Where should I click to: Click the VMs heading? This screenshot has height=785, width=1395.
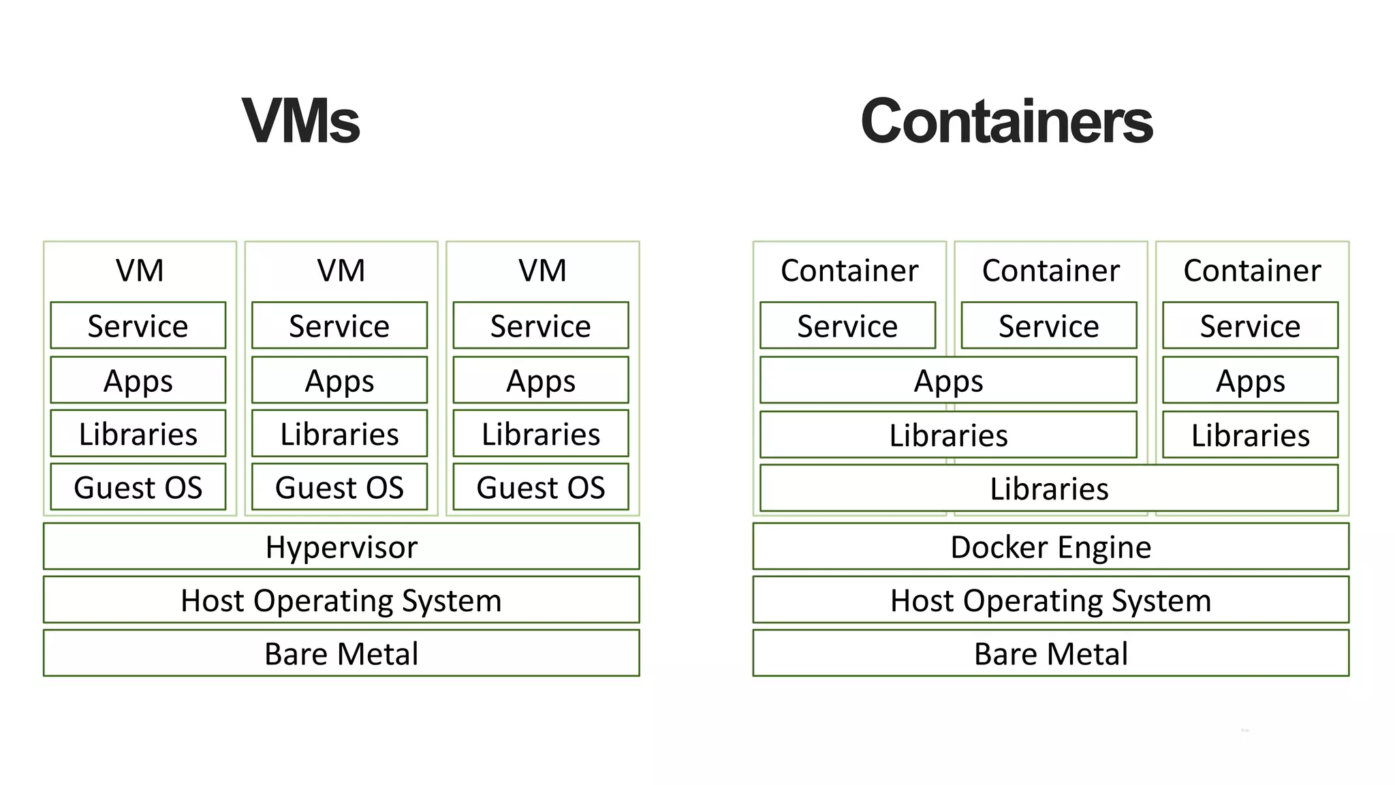click(x=301, y=121)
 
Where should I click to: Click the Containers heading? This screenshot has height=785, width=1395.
click(x=1006, y=121)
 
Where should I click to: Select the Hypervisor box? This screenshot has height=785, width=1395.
click(x=341, y=547)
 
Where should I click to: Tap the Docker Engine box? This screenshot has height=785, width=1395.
click(x=1050, y=547)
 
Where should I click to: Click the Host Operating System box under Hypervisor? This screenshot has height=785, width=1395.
click(x=341, y=600)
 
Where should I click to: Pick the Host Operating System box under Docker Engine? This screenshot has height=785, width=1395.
click(x=1050, y=600)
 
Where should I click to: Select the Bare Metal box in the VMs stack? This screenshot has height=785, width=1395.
click(x=341, y=653)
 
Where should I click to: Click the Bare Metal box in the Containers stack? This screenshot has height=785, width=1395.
click(x=1050, y=653)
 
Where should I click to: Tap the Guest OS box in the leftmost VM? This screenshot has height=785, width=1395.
click(x=138, y=487)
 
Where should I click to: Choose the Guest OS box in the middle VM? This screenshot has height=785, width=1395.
click(x=339, y=487)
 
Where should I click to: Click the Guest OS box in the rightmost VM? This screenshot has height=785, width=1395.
click(x=541, y=487)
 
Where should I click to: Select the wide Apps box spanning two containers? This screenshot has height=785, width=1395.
click(x=948, y=380)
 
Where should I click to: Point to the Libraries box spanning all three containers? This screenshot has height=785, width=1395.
click(x=1049, y=488)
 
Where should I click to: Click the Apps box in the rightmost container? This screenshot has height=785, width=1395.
click(x=1250, y=380)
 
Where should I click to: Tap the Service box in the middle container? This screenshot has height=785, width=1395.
click(x=1049, y=325)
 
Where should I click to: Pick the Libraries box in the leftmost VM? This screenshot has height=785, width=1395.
click(x=138, y=433)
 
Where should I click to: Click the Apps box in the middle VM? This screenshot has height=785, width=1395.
click(x=339, y=380)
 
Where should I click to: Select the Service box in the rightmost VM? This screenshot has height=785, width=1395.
click(x=541, y=325)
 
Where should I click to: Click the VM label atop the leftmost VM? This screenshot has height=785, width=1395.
click(x=140, y=270)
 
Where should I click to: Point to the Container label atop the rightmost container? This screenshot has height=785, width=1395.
click(x=1252, y=270)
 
